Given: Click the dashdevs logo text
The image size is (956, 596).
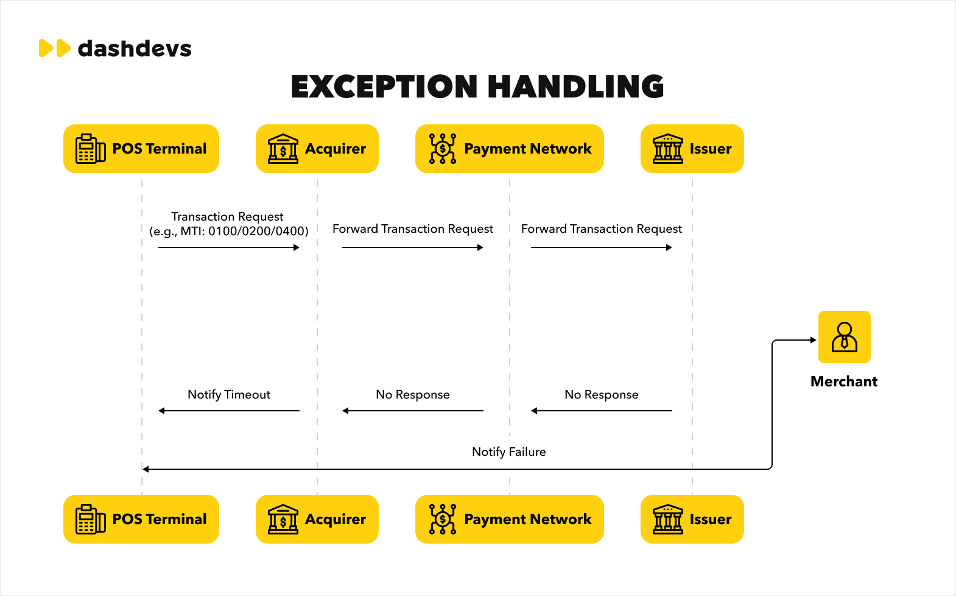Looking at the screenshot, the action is pos(135,48).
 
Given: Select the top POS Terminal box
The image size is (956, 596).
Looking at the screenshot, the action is pos(141,149).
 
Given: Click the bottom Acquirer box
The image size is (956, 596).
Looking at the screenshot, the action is pos(317,519).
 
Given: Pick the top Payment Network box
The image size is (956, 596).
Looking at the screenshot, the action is pos(510,149).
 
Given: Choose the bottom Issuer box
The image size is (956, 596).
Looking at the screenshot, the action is pos(692,519).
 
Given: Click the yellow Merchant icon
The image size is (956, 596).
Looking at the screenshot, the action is pos(845,337).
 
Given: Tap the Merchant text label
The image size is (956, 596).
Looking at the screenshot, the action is pos(844,381).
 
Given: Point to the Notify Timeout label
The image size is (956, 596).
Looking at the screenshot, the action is pos(229,395).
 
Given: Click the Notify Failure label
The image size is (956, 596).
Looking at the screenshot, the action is pos(509,452).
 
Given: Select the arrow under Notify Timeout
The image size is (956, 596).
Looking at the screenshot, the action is pos(229,411).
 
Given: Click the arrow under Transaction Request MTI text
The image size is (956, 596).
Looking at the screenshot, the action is pos(229,247).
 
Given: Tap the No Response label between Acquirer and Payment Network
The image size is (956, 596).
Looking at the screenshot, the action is pos(413,395).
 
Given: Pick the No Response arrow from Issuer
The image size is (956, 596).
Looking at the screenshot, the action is pos(602,411).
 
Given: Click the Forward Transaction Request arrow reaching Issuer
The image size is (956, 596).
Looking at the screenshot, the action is pos(602,247).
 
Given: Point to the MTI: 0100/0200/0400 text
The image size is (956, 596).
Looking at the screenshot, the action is pos(244,231).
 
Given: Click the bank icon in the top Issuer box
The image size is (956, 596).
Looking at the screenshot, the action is pos(668,149).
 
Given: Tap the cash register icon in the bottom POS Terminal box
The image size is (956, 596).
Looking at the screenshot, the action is pos(91,519).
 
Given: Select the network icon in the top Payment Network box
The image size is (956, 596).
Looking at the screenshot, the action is pos(443,149).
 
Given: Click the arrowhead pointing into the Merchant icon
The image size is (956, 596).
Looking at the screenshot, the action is pos(814,340).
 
